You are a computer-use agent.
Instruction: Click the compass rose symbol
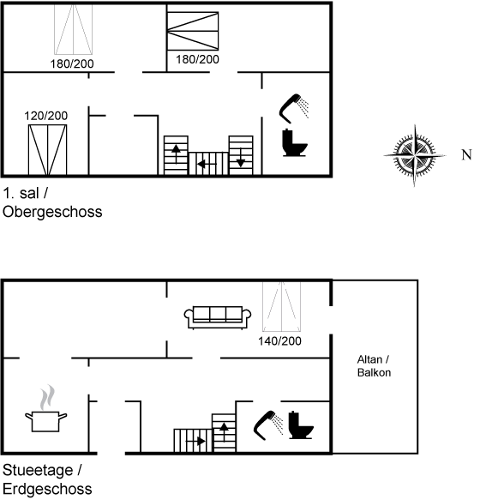(x=415, y=155)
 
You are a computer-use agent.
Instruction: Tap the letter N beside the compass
(x=466, y=154)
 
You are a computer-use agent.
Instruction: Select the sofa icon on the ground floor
(x=218, y=317)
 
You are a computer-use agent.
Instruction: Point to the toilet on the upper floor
(x=295, y=142)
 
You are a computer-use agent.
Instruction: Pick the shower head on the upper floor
(x=294, y=108)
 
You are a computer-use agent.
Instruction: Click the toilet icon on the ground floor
(x=301, y=425)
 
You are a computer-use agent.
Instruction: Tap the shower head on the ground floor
(x=268, y=425)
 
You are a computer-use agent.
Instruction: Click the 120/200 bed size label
(x=46, y=116)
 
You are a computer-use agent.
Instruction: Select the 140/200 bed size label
(x=279, y=341)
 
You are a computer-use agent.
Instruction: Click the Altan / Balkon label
(x=374, y=366)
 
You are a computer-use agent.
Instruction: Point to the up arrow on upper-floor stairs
(x=176, y=154)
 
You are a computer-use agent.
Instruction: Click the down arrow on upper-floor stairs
(x=241, y=158)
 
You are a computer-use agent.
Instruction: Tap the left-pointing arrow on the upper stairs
(x=207, y=164)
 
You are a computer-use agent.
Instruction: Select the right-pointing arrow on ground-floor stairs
(x=195, y=442)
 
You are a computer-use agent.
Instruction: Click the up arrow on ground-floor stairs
(x=224, y=432)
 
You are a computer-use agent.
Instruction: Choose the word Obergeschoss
(x=52, y=212)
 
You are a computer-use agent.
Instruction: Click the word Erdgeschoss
(x=47, y=489)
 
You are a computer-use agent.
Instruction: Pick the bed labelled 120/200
(x=47, y=150)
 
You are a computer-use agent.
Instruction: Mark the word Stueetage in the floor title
(x=38, y=470)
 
